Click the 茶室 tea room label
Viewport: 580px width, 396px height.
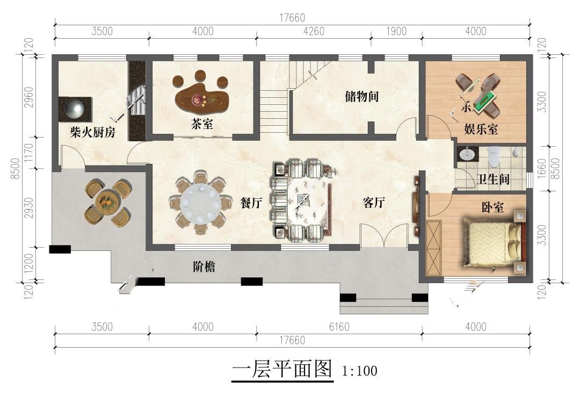coord(202,124)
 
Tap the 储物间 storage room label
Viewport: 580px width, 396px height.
coord(361,96)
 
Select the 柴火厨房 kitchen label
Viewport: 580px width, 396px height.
coord(93,132)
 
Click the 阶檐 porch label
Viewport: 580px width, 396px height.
coord(204,267)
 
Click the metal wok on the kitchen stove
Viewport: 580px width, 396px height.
coord(75,109)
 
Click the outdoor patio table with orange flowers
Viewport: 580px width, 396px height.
coord(107,203)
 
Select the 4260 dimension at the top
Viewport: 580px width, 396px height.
coord(313,31)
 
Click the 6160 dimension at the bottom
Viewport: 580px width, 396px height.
coord(339,327)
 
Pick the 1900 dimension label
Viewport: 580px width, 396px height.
coord(396,31)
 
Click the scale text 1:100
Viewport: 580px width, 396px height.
coord(359,371)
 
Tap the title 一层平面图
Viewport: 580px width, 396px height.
coord(282,369)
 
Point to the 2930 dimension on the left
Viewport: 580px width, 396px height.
coord(28,208)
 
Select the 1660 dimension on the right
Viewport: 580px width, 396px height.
coord(541,168)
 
